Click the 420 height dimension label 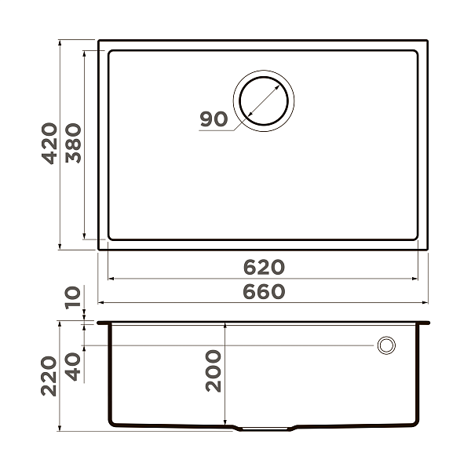pyautogui.click(x=49, y=143)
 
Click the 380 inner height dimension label pyautogui.click(x=74, y=143)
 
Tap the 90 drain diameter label pyautogui.click(x=213, y=119)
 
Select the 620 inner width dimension pyautogui.click(x=262, y=267)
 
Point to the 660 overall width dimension pyautogui.click(x=262, y=291)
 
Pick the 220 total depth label pyautogui.click(x=49, y=376)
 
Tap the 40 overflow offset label pyautogui.click(x=74, y=366)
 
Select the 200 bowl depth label pyautogui.click(x=214, y=371)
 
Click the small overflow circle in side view pyautogui.click(x=386, y=345)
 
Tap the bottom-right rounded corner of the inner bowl pyautogui.click(x=414, y=235)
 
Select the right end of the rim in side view pyautogui.click(x=428, y=322)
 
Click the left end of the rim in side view pyautogui.click(x=99, y=322)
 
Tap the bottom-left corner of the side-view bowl pyautogui.click(x=112, y=423)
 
